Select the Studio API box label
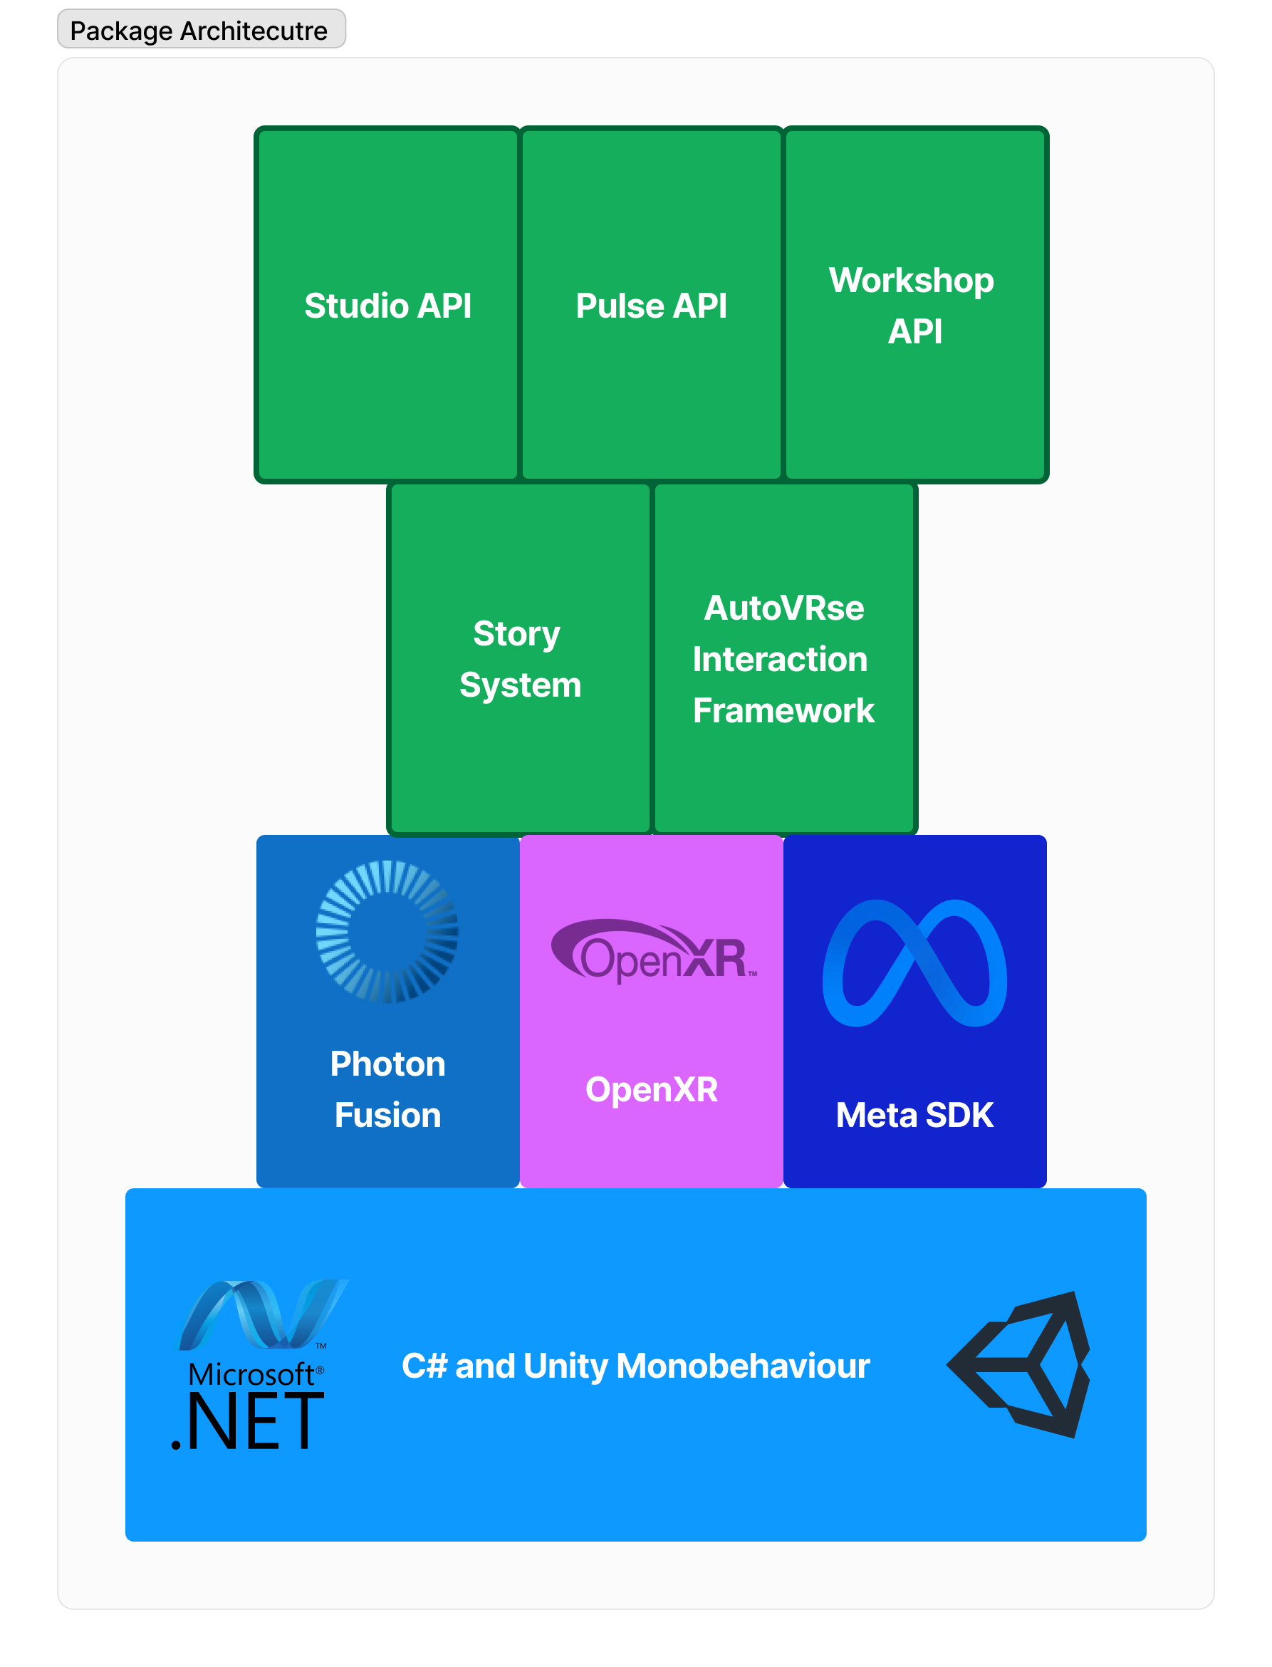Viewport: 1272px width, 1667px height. tap(387, 306)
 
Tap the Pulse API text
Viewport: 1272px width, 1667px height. tap(651, 306)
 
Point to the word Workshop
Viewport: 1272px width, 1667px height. tap(911, 281)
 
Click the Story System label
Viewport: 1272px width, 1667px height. tap(519, 659)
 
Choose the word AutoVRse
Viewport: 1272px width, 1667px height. tap(783, 608)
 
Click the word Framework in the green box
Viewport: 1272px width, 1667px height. tap(783, 710)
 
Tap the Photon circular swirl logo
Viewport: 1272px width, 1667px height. tap(387, 931)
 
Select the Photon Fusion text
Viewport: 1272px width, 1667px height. tap(387, 1089)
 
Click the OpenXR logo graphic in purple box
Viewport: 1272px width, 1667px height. tap(652, 951)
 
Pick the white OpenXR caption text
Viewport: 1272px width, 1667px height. tap(651, 1089)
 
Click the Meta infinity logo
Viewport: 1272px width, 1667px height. tap(914, 962)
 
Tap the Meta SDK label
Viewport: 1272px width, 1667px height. tap(914, 1115)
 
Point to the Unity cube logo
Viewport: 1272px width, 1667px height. tap(1021, 1364)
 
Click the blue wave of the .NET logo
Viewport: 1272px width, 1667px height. tap(261, 1314)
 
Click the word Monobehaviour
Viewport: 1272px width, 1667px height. tap(743, 1366)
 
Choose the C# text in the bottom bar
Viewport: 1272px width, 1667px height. tap(424, 1366)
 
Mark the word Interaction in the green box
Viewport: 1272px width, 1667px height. tap(780, 659)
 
